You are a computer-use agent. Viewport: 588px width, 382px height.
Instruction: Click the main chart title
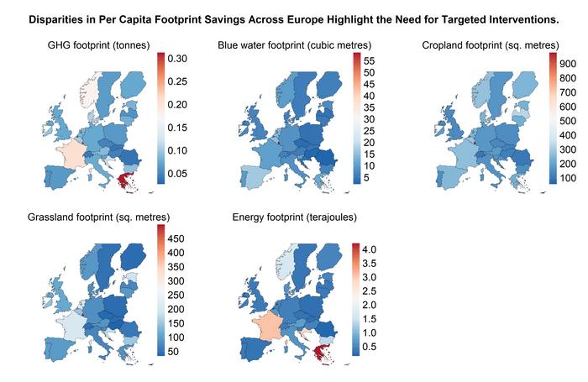tap(293, 18)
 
